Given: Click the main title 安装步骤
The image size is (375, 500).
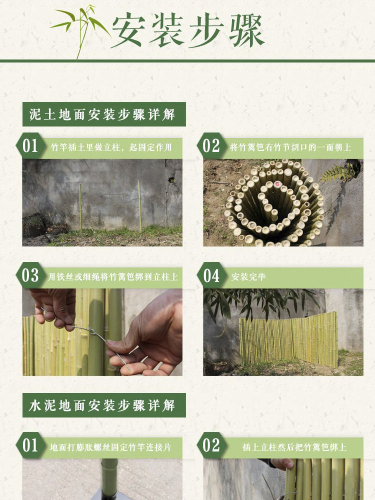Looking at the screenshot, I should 187,31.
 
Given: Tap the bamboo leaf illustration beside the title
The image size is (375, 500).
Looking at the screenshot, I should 80,27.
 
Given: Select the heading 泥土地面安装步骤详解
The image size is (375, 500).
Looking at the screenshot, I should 104,114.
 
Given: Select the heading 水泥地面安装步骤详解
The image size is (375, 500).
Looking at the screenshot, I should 104,405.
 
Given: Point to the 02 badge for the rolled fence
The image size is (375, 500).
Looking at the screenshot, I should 211,146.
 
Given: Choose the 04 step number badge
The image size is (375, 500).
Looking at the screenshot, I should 211,275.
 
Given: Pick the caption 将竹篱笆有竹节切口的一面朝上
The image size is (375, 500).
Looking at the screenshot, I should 290,147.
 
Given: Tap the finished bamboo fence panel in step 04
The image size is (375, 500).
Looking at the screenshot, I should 289,340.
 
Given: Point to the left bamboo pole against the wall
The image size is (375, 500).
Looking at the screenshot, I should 80,207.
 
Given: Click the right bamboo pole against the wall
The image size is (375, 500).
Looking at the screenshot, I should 139,206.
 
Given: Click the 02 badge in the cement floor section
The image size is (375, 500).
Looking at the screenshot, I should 211,445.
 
